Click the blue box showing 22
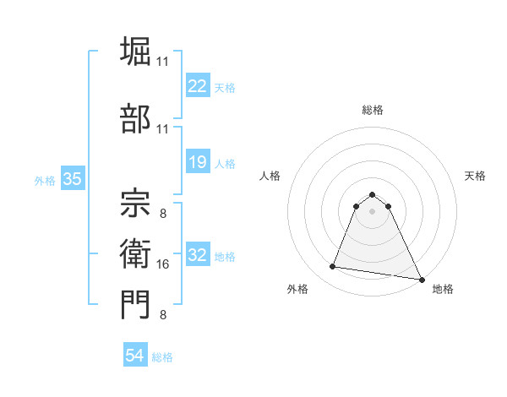197,85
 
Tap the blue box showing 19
197,162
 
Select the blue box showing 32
197,255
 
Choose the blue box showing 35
72,179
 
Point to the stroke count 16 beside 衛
164,264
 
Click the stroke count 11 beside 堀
163,62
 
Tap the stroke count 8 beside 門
162,315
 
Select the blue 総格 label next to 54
162,357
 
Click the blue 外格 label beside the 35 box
45,181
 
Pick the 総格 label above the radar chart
372,110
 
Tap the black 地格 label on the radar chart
443,289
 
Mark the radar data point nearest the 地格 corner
422,280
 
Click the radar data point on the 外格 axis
333,267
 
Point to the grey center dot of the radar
372,211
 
